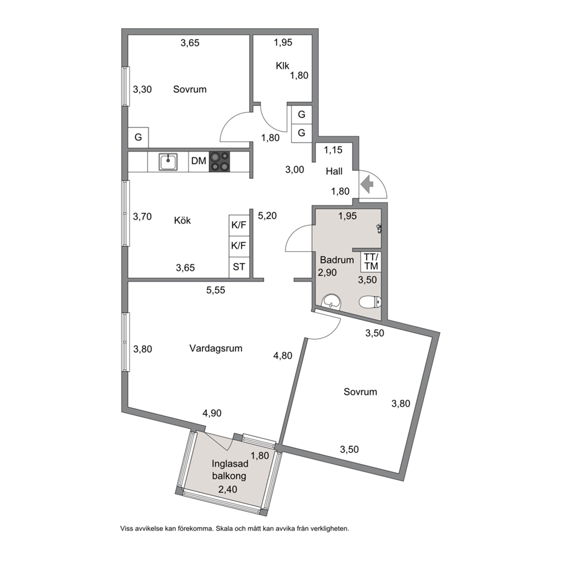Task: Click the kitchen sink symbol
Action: pos(168,162)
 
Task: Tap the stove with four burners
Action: pos(219,161)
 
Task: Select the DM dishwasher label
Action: pos(198,161)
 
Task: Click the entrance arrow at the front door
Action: pos(367,184)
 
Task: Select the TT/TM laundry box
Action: pos(372,261)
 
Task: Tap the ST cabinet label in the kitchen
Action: pos(239,266)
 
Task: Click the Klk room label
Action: pos(282,66)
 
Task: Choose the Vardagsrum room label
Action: pos(215,348)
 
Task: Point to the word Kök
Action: pos(183,220)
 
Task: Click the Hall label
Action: pos(334,171)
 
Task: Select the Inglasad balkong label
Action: pos(230,470)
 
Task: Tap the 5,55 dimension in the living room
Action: pos(215,290)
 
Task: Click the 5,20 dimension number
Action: pos(267,215)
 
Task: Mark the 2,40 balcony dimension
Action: pos(228,489)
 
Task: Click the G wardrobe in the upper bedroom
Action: pos(138,137)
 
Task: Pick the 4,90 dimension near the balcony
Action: pos(212,413)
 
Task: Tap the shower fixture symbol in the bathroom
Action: pos(379,228)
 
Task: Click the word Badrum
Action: pos(336,260)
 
